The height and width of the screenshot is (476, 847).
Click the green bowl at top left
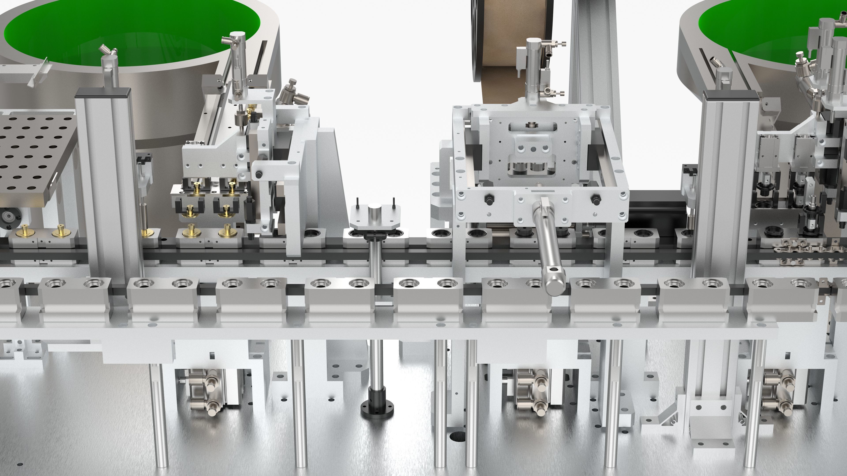click(x=131, y=23)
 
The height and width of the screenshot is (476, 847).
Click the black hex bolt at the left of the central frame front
click(x=489, y=199)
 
